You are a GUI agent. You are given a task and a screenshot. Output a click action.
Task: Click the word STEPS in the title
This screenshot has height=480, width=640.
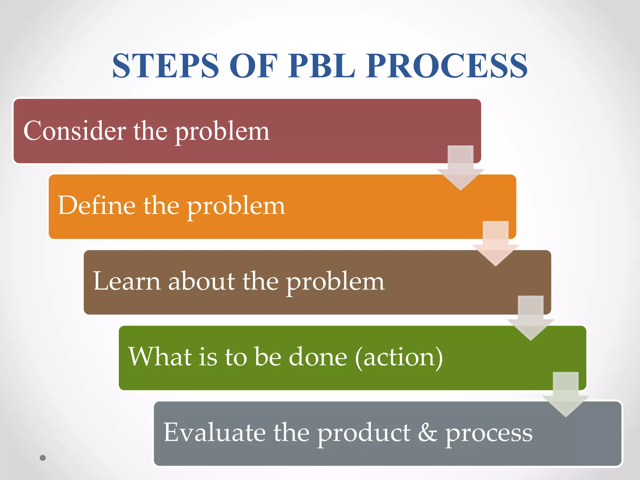pyautogui.click(x=166, y=66)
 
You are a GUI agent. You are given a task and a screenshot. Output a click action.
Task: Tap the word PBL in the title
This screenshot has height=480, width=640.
pyautogui.click(x=322, y=66)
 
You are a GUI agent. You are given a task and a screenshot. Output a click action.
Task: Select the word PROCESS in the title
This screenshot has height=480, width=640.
pyautogui.click(x=447, y=66)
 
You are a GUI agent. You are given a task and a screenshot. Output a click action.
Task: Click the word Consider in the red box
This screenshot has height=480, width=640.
pyautogui.click(x=74, y=131)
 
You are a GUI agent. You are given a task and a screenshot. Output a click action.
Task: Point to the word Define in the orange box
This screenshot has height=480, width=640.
pyautogui.click(x=97, y=205)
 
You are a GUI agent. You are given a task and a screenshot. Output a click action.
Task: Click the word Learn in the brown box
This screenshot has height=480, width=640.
pyautogui.click(x=127, y=281)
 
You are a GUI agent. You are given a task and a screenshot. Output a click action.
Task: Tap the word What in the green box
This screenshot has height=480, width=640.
pyautogui.click(x=160, y=357)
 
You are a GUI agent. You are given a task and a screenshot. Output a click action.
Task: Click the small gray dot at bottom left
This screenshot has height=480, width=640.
pyautogui.click(x=43, y=458)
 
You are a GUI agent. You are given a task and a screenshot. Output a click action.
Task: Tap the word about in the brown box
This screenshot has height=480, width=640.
pyautogui.click(x=202, y=281)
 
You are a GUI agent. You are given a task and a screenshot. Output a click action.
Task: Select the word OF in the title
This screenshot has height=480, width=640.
pyautogui.click(x=253, y=66)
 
